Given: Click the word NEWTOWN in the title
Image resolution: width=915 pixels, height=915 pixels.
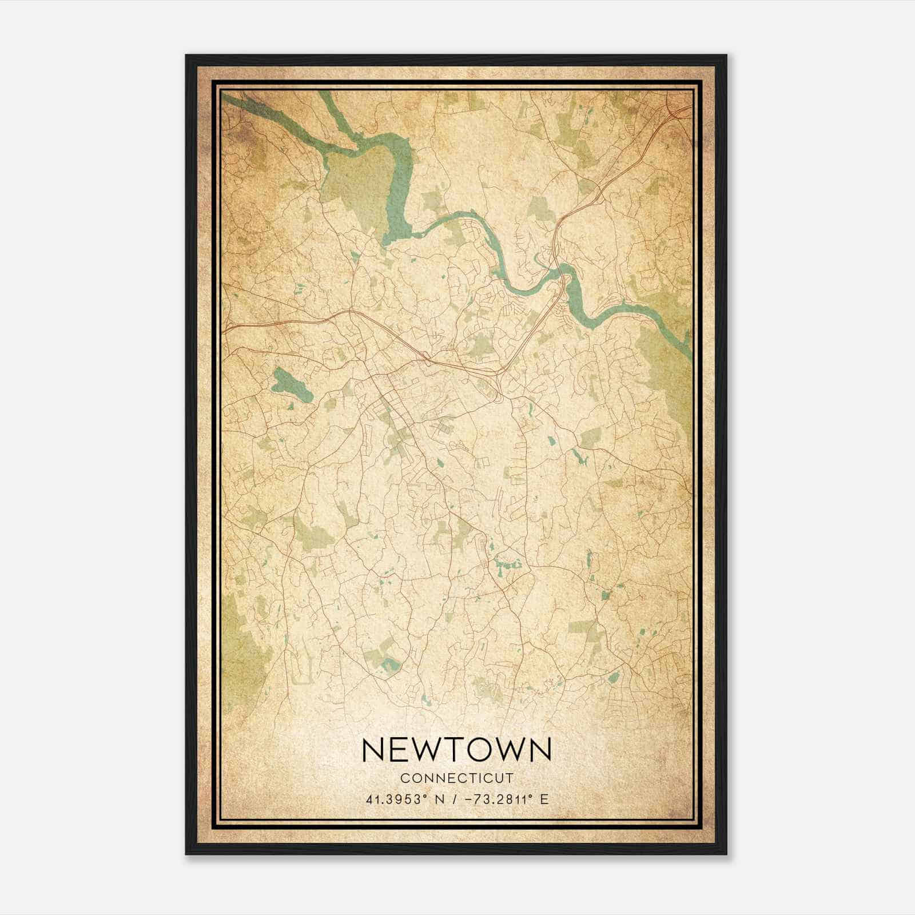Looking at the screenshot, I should (456, 750).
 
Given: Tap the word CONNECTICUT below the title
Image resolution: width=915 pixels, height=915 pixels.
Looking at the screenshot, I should (456, 778).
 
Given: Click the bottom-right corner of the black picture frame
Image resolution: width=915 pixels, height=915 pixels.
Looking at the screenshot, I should (725, 853).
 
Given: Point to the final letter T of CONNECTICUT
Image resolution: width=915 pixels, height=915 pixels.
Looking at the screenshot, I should (510, 778).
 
